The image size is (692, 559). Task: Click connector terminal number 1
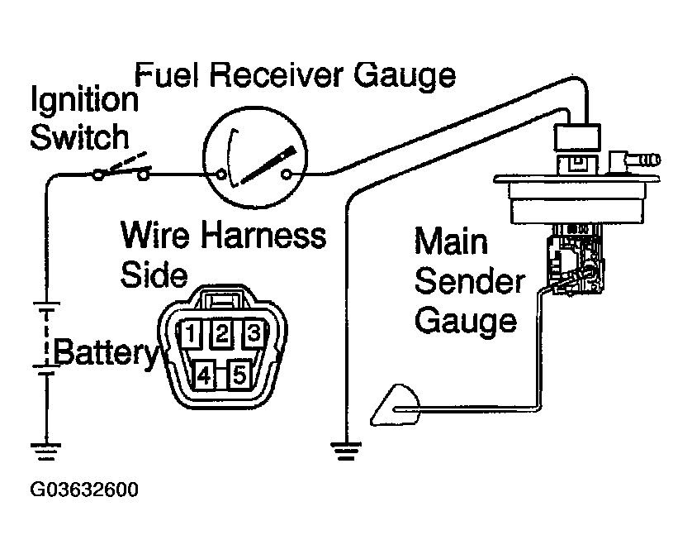point(191,336)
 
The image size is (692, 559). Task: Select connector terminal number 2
point(222,334)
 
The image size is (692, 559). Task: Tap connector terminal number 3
point(254,335)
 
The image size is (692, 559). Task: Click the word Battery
point(104,353)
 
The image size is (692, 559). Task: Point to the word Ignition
point(84,103)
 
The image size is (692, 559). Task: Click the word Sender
point(468,282)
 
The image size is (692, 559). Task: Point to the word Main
point(450,243)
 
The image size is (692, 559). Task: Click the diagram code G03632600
point(84,490)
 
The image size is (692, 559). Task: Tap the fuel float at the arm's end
point(389,406)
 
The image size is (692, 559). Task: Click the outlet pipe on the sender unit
point(638,154)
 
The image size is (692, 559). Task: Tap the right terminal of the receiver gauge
point(287,174)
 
